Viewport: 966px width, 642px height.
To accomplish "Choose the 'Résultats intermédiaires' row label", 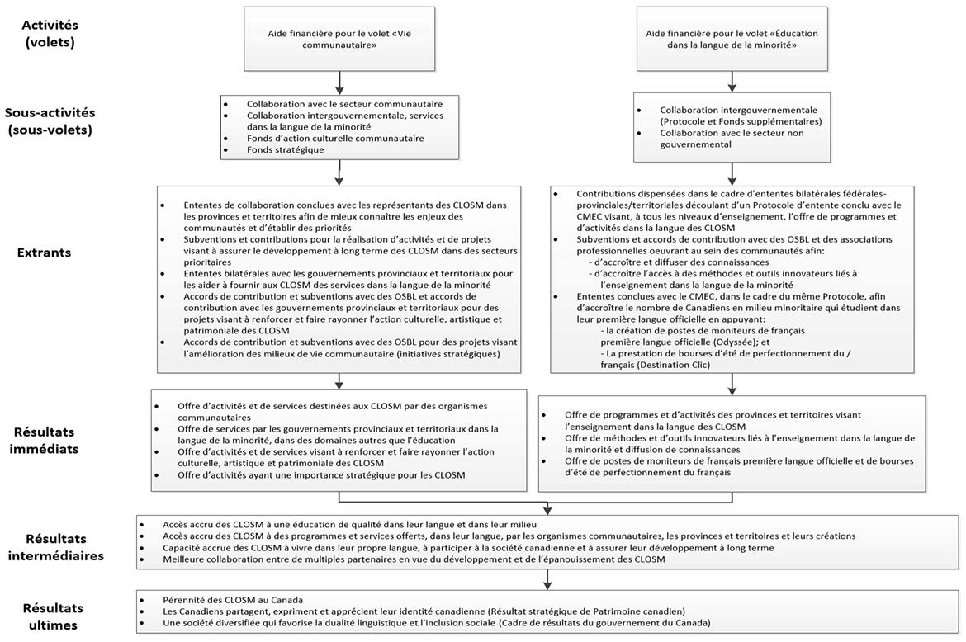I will (x=55, y=546).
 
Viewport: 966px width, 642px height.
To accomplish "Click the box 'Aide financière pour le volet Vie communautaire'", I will (x=339, y=38).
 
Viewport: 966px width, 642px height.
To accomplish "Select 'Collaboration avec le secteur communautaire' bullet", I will (x=344, y=104).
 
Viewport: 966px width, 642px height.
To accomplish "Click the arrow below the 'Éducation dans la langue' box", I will (x=727, y=81).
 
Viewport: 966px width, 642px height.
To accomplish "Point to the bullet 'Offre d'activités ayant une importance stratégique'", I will (x=321, y=474).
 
